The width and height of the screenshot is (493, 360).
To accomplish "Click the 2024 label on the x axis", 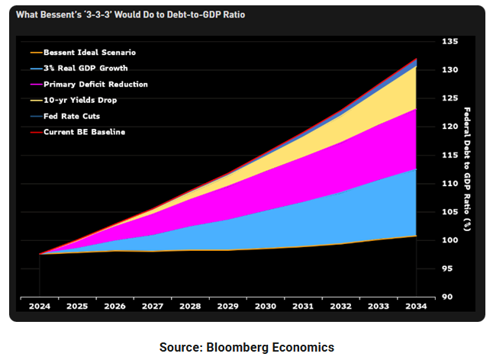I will [x=40, y=306].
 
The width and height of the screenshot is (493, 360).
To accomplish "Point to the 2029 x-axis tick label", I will [x=227, y=306].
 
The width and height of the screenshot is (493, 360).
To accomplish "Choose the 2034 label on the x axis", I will [x=415, y=306].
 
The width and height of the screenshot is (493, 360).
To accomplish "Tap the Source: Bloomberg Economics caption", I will [x=246, y=347].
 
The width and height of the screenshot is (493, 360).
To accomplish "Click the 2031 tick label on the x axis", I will [x=303, y=306].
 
